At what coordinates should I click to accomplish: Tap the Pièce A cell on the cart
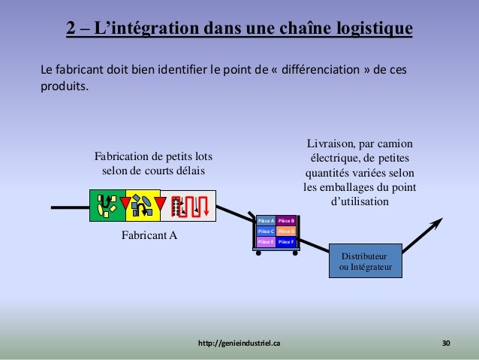click(x=265, y=221)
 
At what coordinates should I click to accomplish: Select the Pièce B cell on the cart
click(x=286, y=221)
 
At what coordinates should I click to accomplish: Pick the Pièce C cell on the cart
click(x=265, y=231)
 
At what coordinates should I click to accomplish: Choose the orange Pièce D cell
click(x=286, y=231)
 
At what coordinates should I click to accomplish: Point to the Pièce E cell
click(x=265, y=242)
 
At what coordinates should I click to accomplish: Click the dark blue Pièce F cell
click(x=286, y=242)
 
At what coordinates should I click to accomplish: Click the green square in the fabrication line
click(x=107, y=206)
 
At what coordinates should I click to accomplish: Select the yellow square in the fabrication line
click(x=143, y=206)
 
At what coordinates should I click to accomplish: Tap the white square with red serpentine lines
click(x=188, y=206)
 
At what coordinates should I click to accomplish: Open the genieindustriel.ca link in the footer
click(x=239, y=343)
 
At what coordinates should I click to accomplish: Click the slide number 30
click(x=446, y=343)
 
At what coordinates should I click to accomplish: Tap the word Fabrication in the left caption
click(x=122, y=157)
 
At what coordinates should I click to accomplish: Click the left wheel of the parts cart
click(x=259, y=253)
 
